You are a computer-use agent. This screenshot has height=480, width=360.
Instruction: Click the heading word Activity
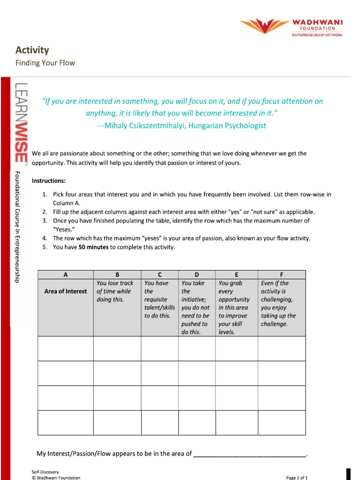click(32, 50)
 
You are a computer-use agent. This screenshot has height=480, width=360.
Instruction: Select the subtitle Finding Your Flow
click(45, 63)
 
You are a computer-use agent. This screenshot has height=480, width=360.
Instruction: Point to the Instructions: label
click(49, 181)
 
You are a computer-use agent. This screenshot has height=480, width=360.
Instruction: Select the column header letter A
click(65, 274)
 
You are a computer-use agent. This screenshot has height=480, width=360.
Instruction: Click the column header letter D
click(197, 274)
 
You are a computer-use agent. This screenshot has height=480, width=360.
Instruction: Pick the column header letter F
click(281, 274)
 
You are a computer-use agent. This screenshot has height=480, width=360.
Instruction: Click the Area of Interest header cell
click(65, 291)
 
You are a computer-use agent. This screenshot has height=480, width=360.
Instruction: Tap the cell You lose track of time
click(117, 291)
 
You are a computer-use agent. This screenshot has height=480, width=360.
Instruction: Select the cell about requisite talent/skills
click(159, 300)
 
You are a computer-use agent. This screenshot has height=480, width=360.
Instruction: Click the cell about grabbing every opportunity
click(236, 307)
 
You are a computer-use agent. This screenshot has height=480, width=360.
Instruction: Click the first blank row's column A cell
click(65, 349)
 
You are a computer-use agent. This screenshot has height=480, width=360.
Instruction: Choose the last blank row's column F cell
click(281, 422)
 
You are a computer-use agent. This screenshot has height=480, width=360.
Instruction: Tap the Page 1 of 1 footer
click(297, 477)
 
